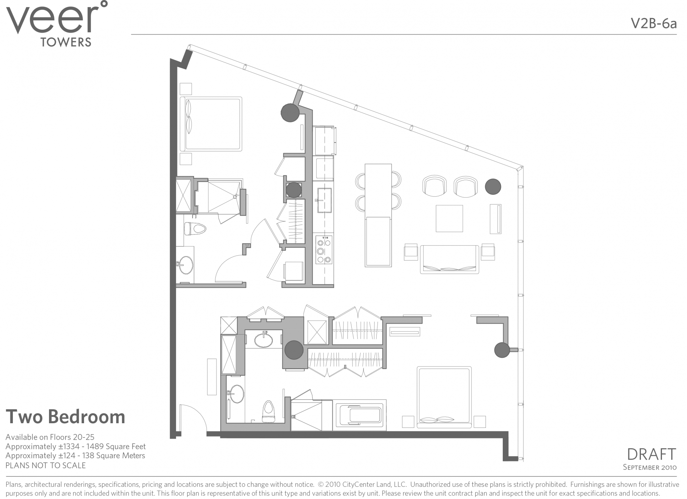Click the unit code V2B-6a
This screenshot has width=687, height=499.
[x=654, y=24]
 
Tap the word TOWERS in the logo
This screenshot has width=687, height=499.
[x=66, y=42]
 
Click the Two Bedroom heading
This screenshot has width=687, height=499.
[x=65, y=417]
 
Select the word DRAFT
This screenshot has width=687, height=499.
[x=651, y=454]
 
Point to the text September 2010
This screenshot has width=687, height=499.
[x=649, y=467]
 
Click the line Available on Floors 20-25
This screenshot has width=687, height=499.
[x=50, y=437]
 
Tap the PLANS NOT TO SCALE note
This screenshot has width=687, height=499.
[x=45, y=465]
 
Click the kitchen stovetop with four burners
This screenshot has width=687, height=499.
[x=324, y=250]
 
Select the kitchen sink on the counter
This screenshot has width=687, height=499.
[x=324, y=200]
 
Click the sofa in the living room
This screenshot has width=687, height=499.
[x=449, y=260]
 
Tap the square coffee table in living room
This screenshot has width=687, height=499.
[x=449, y=218]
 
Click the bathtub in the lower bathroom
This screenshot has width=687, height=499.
[x=360, y=415]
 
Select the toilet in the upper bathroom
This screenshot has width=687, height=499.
[x=195, y=229]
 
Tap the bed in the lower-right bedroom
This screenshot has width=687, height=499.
[x=444, y=397]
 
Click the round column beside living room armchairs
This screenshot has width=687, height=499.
[x=493, y=187]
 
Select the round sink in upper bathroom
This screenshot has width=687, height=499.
[x=186, y=265]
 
